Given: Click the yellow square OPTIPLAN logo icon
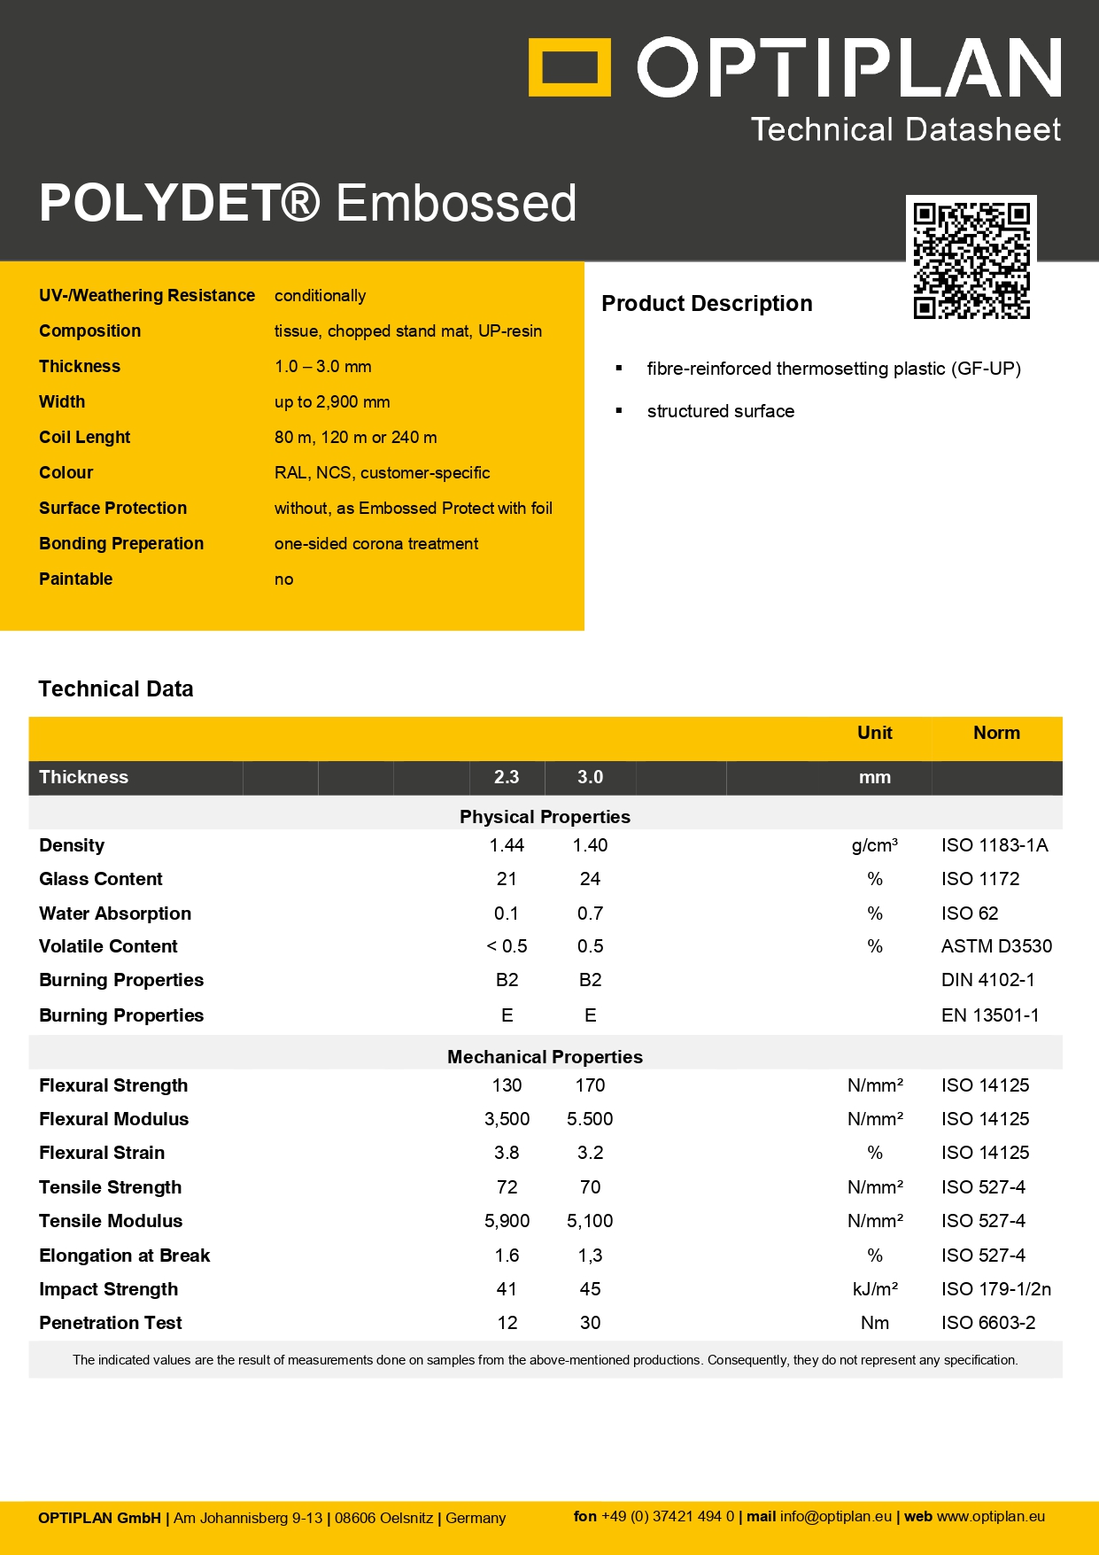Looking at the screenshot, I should click(x=569, y=67).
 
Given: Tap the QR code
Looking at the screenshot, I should click(x=971, y=260).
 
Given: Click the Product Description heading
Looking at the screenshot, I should click(x=707, y=304).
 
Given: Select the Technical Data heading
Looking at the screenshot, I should click(x=116, y=689).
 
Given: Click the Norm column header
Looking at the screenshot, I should click(x=996, y=733).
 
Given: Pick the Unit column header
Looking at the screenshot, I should click(x=874, y=733).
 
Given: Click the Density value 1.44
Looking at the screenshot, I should click(x=507, y=845).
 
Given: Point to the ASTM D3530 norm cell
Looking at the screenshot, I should click(x=996, y=946).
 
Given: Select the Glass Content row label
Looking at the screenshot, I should click(x=101, y=879).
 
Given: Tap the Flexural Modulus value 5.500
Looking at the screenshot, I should click(x=590, y=1119).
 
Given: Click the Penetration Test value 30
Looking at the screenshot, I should click(x=590, y=1323).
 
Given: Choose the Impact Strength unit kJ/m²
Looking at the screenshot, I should click(x=875, y=1289).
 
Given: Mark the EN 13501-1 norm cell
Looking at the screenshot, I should click(x=990, y=1015).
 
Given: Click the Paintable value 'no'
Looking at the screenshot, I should click(x=283, y=579).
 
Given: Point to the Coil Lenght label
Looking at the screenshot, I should click(x=84, y=438).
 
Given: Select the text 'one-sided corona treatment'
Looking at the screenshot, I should click(x=376, y=544).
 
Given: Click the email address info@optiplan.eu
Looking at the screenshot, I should click(x=836, y=1516).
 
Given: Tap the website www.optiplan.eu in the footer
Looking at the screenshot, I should click(x=991, y=1516).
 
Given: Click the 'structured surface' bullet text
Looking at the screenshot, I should click(x=720, y=411).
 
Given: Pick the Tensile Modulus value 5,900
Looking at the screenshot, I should click(x=507, y=1221).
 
